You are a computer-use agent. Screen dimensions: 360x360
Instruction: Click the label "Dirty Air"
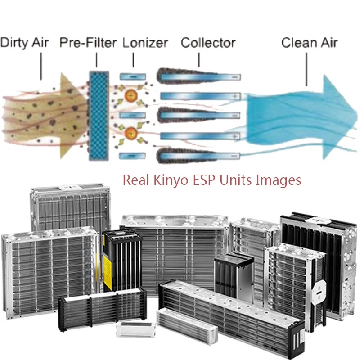(24, 43)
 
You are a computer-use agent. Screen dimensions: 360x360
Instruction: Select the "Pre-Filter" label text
(88, 43)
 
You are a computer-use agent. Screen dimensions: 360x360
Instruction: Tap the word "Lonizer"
(145, 43)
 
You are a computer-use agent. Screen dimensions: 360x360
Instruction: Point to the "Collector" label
(208, 43)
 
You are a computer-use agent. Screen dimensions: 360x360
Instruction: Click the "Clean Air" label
(309, 43)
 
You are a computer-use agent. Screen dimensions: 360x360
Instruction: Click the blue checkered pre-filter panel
(99, 116)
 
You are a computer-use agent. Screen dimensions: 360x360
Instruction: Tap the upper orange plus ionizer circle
(131, 94)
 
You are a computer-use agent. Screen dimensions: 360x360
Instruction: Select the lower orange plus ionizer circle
(131, 133)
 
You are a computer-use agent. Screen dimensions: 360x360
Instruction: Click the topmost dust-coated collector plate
(198, 76)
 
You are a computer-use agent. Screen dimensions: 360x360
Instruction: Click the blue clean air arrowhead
(340, 117)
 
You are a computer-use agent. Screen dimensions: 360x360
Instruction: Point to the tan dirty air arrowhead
(73, 116)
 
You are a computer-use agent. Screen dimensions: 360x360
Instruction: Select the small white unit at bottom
(135, 329)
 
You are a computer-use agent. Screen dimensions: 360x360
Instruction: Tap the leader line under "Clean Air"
(306, 69)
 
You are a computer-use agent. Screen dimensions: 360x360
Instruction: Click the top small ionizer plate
(133, 76)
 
